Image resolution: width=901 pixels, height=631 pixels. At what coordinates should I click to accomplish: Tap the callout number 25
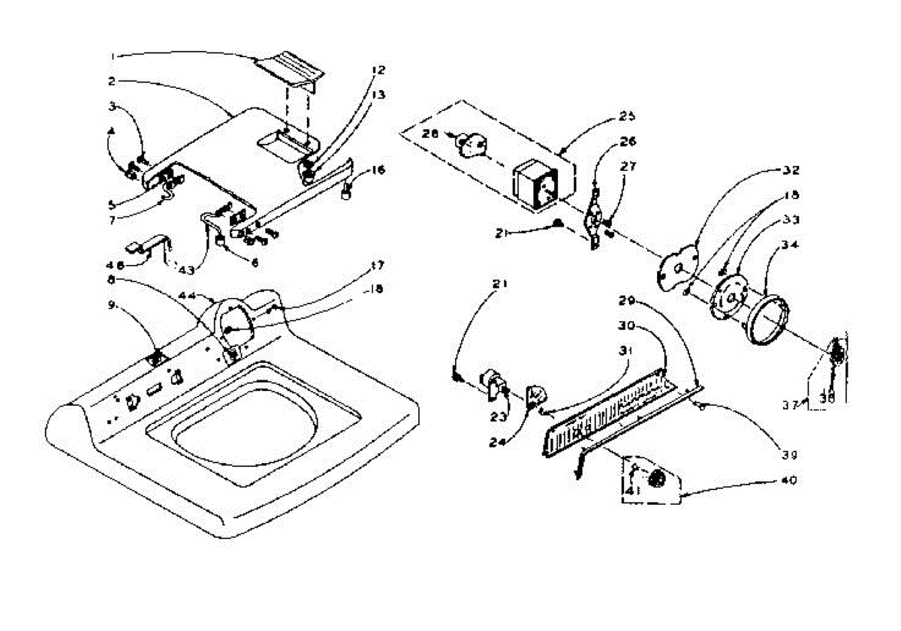pos(627,116)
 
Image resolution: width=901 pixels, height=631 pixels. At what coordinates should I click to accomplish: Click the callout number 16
pos(378,170)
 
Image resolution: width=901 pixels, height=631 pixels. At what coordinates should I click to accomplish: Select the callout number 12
pos(378,70)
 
